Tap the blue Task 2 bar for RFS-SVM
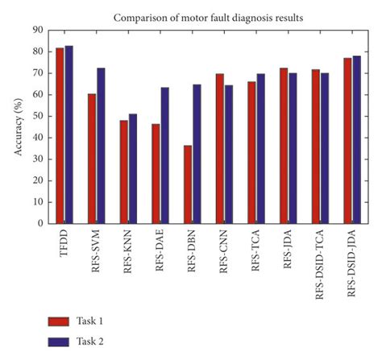point(101,146)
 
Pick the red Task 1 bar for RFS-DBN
point(188,184)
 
